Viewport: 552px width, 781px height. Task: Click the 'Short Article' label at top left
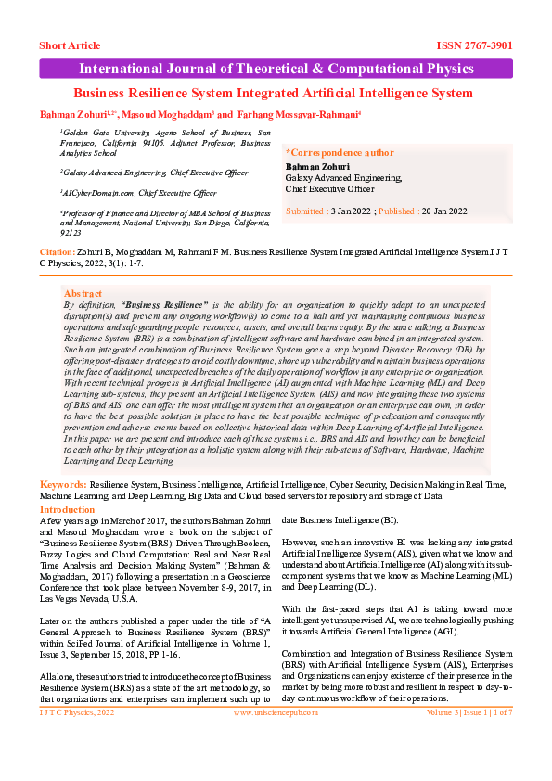pyautogui.click(x=71, y=45)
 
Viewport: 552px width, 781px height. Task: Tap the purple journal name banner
pyautogui.click(x=276, y=69)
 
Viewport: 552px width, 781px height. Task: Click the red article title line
pyautogui.click(x=273, y=93)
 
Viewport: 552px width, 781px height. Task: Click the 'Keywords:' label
pyautogui.click(x=63, y=485)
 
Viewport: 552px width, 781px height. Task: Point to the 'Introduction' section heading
pyautogui.click(x=68, y=509)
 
